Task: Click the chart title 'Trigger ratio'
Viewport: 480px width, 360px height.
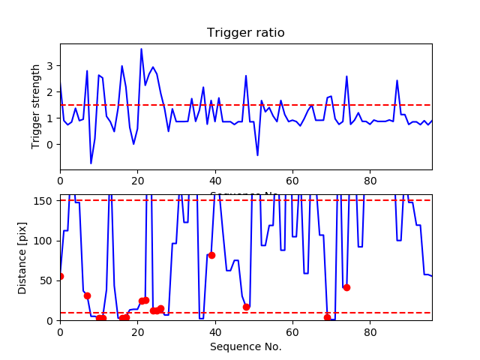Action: click(x=245, y=33)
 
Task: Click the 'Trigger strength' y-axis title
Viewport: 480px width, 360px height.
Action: click(x=36, y=106)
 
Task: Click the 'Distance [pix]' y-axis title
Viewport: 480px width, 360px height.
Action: click(x=23, y=257)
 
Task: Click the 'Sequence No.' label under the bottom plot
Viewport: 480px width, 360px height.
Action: click(x=245, y=346)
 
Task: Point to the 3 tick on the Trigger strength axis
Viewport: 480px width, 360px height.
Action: click(x=50, y=66)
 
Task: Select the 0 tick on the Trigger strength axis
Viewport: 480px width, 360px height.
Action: click(x=50, y=145)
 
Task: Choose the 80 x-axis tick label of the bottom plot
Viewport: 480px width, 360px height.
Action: click(x=370, y=331)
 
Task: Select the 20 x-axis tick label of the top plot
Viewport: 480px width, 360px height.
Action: click(x=137, y=181)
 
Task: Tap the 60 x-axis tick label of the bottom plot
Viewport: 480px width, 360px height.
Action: click(x=292, y=331)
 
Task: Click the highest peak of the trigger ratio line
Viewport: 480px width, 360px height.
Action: click(x=141, y=49)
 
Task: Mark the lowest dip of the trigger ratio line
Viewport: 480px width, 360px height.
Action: click(x=91, y=163)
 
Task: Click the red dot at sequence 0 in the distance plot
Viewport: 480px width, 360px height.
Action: click(x=60, y=277)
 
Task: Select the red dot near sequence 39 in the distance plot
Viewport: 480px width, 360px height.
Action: click(x=211, y=255)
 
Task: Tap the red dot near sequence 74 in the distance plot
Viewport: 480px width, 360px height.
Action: click(x=346, y=287)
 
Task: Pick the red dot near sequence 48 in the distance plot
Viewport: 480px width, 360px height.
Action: click(x=246, y=307)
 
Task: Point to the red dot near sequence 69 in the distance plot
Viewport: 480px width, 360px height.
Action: click(x=327, y=318)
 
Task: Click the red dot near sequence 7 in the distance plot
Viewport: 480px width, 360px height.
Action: click(x=87, y=295)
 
